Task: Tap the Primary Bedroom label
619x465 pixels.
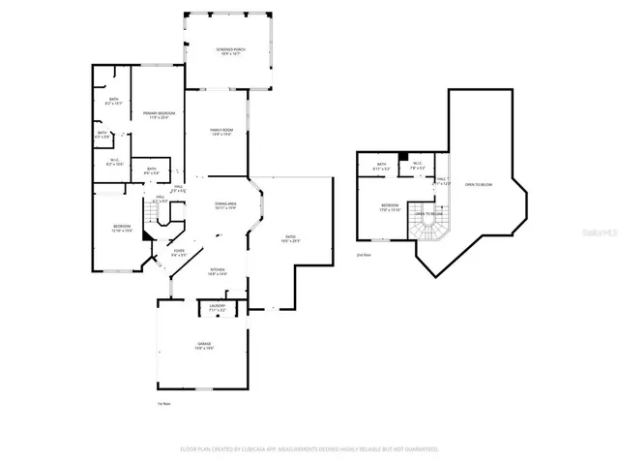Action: pyautogui.click(x=159, y=115)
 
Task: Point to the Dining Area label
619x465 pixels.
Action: pyautogui.click(x=225, y=205)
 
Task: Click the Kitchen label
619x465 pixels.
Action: pyautogui.click(x=219, y=272)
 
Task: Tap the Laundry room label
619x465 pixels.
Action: pyautogui.click(x=218, y=306)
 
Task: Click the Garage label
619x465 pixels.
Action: pyautogui.click(x=205, y=346)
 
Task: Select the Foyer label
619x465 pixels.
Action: pyautogui.click(x=179, y=253)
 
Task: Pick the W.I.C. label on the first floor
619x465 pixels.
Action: pyautogui.click(x=113, y=163)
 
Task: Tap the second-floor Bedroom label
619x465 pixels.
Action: pyautogui.click(x=389, y=207)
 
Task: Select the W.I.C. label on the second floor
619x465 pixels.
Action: pyautogui.click(x=417, y=165)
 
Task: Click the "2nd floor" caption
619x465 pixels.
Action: pyautogui.click(x=364, y=255)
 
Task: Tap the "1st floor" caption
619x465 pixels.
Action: pyautogui.click(x=163, y=403)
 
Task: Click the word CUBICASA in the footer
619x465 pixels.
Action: pyautogui.click(x=246, y=449)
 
